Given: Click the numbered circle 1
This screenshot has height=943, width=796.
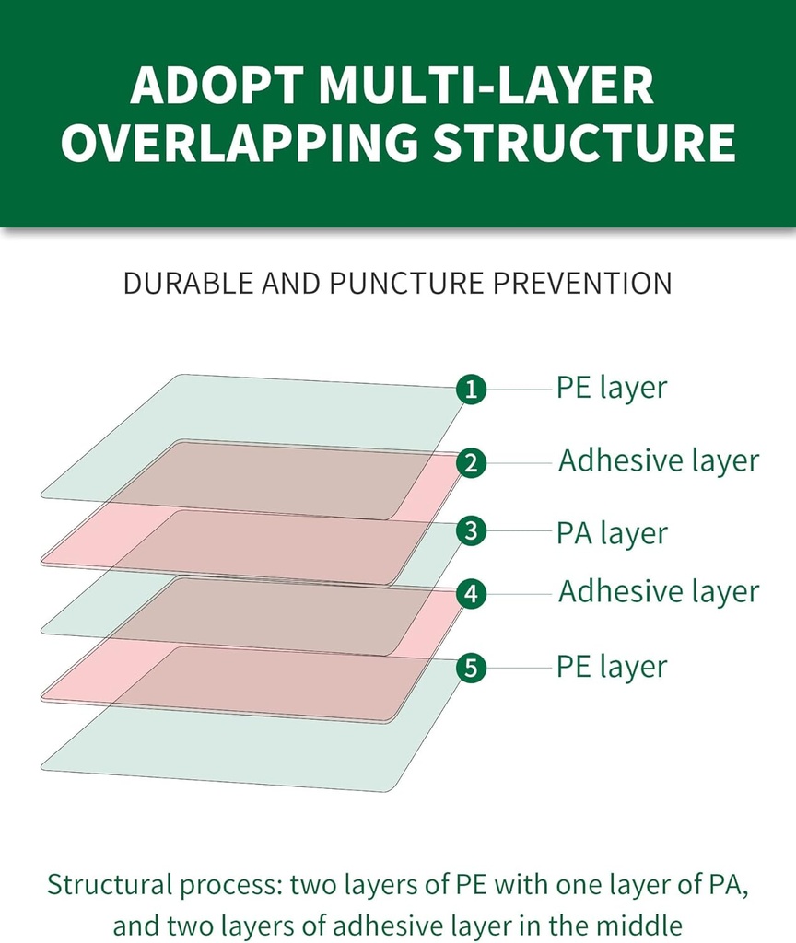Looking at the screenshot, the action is tap(471, 390).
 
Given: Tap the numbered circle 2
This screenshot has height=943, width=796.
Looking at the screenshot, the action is tap(471, 463).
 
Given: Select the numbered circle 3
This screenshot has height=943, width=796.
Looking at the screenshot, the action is tap(471, 531).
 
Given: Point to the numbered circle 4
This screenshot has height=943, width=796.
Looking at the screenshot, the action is tap(471, 594).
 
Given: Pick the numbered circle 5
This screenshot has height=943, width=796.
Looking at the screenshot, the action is tap(471, 668).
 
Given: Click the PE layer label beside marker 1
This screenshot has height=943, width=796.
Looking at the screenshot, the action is tap(612, 389).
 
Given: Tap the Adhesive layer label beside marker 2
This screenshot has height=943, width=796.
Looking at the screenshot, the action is tap(658, 461).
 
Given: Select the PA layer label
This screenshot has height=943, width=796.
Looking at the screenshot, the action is tap(612, 533).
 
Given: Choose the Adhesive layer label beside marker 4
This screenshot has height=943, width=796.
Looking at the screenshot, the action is tap(658, 592).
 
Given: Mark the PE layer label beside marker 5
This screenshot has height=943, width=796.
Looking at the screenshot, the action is tap(612, 667).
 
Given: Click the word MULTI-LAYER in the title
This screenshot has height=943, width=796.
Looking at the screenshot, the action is tap(486, 85).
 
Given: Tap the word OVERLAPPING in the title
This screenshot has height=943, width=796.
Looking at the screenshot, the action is tap(240, 142).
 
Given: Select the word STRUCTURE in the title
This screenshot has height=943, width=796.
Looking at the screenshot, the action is tap(584, 142).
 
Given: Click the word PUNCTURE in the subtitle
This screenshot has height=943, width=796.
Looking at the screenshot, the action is tap(406, 284).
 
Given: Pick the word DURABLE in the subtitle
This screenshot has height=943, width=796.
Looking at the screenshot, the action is tap(189, 284).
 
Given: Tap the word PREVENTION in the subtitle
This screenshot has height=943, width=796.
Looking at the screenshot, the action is tap(582, 284).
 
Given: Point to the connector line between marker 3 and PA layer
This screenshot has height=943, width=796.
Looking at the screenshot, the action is tap(520, 531).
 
